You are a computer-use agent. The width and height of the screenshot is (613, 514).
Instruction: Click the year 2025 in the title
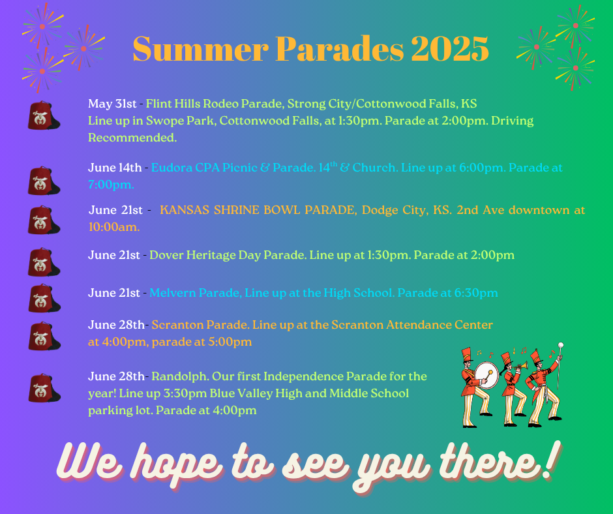[x=449, y=49]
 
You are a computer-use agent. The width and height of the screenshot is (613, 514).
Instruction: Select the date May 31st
[x=112, y=104]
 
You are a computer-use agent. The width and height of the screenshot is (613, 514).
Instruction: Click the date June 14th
[x=115, y=168]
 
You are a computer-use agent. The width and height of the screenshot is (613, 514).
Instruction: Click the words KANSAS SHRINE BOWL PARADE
[x=258, y=210]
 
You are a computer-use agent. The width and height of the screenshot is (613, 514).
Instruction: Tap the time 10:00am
[x=113, y=227]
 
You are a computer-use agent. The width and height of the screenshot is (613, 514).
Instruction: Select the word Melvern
[x=172, y=293]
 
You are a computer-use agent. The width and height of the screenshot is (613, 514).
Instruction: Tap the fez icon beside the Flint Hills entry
[x=44, y=115]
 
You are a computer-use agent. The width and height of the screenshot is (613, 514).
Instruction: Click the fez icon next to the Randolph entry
[x=44, y=387]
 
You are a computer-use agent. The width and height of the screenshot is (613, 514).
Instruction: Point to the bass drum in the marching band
[x=486, y=375]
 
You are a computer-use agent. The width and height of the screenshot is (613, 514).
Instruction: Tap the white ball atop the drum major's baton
[x=561, y=346]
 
